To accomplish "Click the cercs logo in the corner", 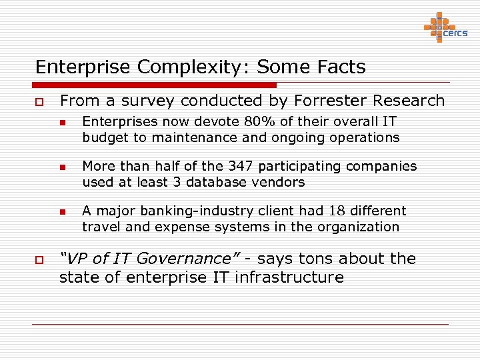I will (446, 27).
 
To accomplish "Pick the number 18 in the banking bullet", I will (335, 211).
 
